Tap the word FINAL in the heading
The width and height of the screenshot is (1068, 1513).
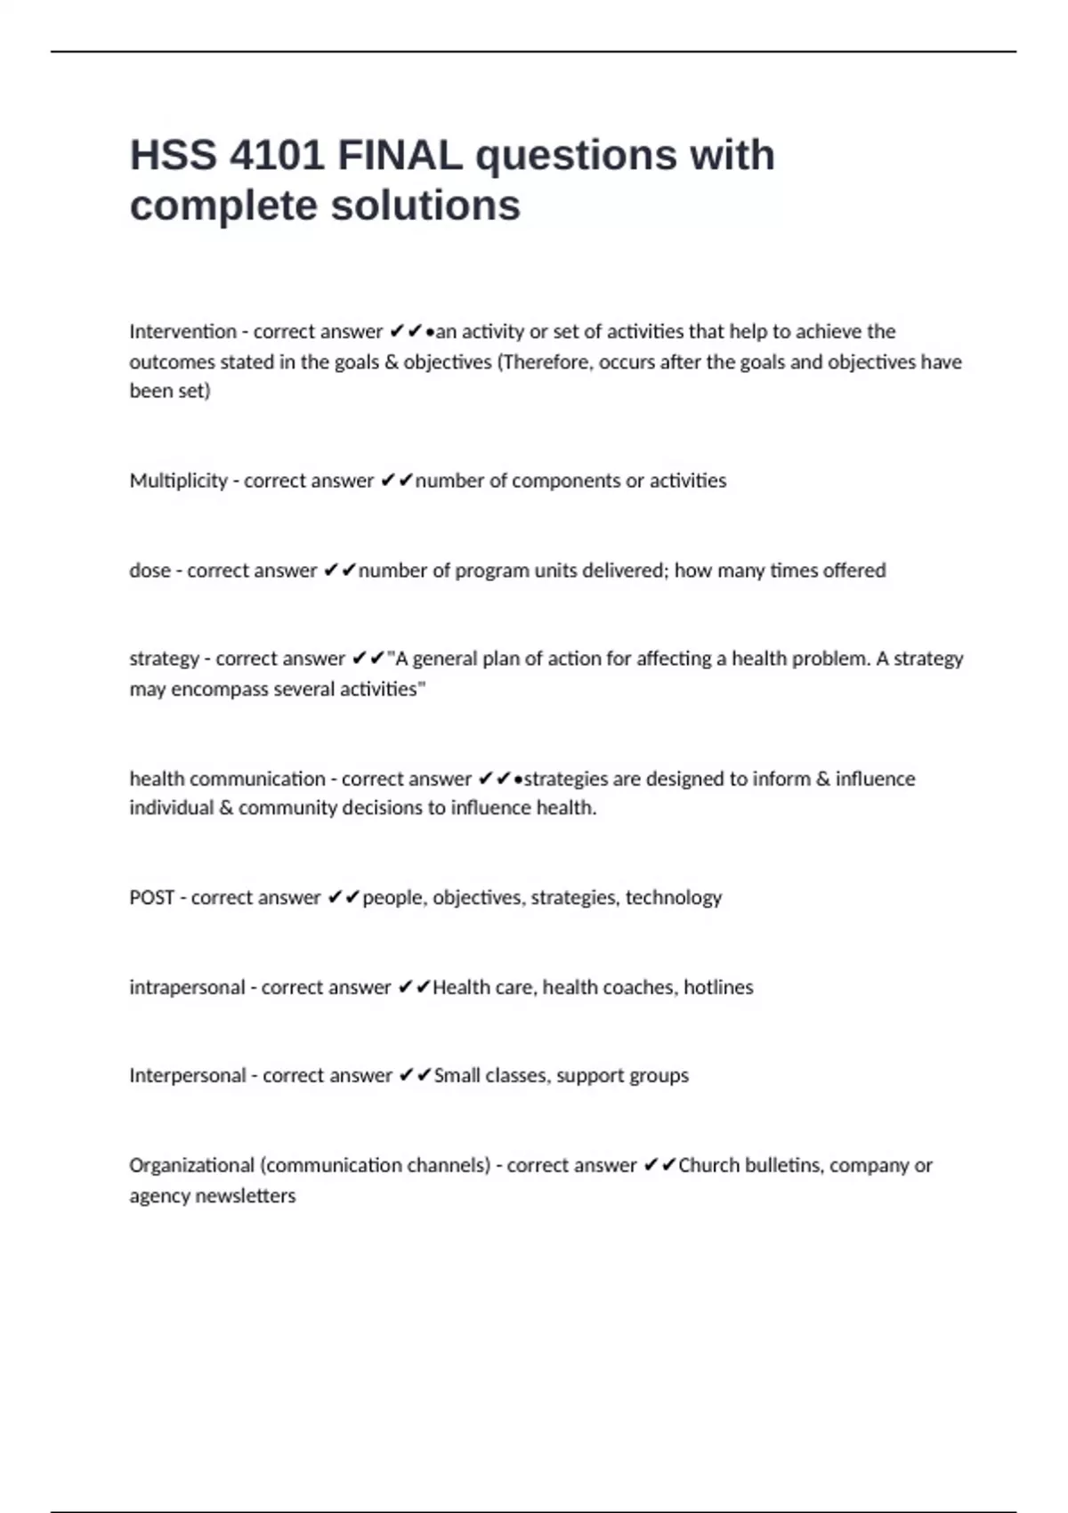400,156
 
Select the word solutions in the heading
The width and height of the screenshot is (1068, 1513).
425,206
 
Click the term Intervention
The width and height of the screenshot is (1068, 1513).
182,332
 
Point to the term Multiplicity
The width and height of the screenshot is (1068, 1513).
178,481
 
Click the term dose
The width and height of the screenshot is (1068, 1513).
150,570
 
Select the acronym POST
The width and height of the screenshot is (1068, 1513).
151,897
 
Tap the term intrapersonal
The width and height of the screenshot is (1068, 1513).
187,987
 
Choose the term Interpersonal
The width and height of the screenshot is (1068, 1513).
187,1075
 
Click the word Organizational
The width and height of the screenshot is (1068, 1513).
191,1165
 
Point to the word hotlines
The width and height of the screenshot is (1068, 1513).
718,987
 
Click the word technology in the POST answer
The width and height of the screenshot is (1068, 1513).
673,897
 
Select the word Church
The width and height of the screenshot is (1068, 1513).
708,1165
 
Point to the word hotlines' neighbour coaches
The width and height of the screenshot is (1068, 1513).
638,987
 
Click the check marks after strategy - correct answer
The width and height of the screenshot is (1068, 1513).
368,659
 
